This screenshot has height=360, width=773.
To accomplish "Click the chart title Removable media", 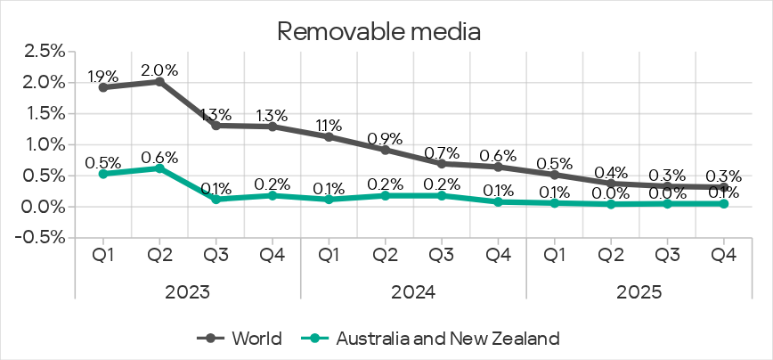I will (379, 31).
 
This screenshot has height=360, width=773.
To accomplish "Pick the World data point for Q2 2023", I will (159, 81).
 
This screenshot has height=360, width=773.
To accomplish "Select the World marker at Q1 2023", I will (103, 87).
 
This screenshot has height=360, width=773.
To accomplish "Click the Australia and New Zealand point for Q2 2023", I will (159, 168).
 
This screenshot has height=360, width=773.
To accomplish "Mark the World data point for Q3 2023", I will (216, 126).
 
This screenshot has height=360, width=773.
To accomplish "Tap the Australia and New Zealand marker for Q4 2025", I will (723, 203).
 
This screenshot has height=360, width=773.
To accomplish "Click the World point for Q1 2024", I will (329, 136).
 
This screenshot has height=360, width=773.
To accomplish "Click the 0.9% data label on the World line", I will (385, 138).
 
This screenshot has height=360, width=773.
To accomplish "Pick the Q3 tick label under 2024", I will (442, 255).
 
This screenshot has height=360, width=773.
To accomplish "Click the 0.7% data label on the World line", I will (442, 151).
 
